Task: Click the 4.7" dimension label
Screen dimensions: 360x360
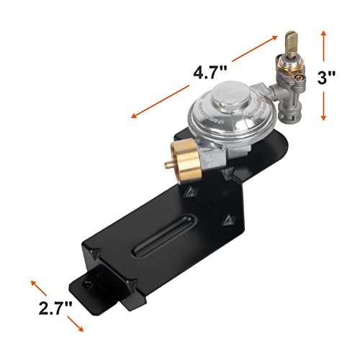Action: coord(210,73)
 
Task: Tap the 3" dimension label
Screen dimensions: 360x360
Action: coord(326,78)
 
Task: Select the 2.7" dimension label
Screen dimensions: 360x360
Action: coord(55,308)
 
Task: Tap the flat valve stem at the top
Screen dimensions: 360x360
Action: coord(290,44)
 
